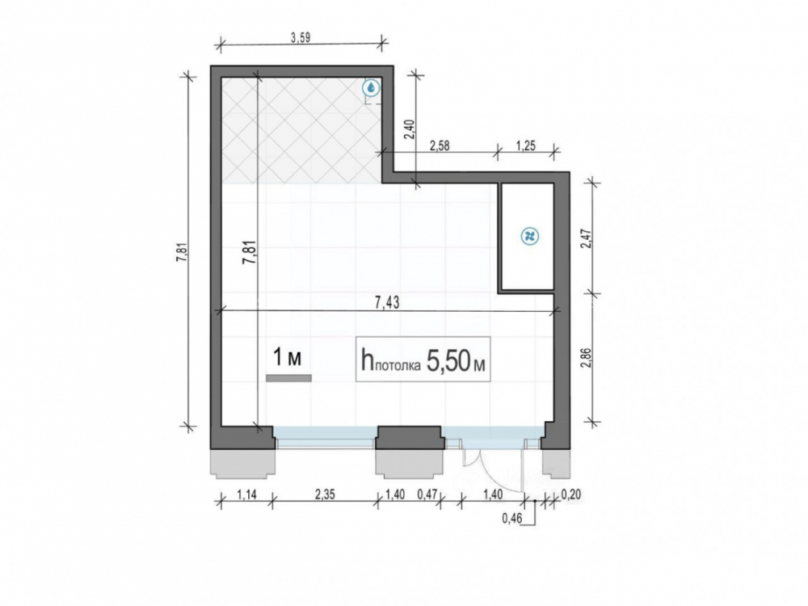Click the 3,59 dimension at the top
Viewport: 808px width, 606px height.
tap(301, 38)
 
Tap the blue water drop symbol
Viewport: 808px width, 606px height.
tap(371, 88)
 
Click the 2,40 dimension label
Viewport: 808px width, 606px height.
tap(409, 129)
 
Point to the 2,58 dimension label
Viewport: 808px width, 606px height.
tap(440, 145)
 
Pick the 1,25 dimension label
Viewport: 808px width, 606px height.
tap(526, 145)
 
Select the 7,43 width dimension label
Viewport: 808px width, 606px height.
tap(387, 303)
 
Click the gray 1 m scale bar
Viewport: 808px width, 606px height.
tap(288, 378)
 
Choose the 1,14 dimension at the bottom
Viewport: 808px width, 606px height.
tap(246, 494)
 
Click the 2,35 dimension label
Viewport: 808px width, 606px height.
tap(325, 494)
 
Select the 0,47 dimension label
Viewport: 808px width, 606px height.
tap(427, 494)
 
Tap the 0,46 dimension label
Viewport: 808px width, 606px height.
tap(512, 519)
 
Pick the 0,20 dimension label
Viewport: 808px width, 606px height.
tap(570, 494)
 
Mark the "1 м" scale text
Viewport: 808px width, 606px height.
tap(287, 358)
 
